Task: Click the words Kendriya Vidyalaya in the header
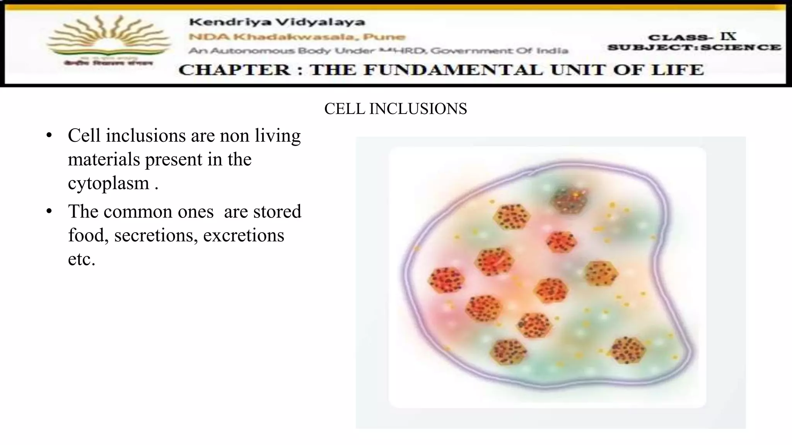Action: pos(277,22)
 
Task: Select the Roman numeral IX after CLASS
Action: pos(728,36)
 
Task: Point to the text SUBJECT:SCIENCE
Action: pos(694,48)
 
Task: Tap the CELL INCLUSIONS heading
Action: pos(395,109)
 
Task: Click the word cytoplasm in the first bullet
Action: pos(109,183)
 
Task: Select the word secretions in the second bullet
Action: pos(156,235)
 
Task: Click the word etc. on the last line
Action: pos(82,259)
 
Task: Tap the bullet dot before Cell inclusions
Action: pos(49,136)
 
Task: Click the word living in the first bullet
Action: pos(277,136)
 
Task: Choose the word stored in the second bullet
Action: pos(277,212)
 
